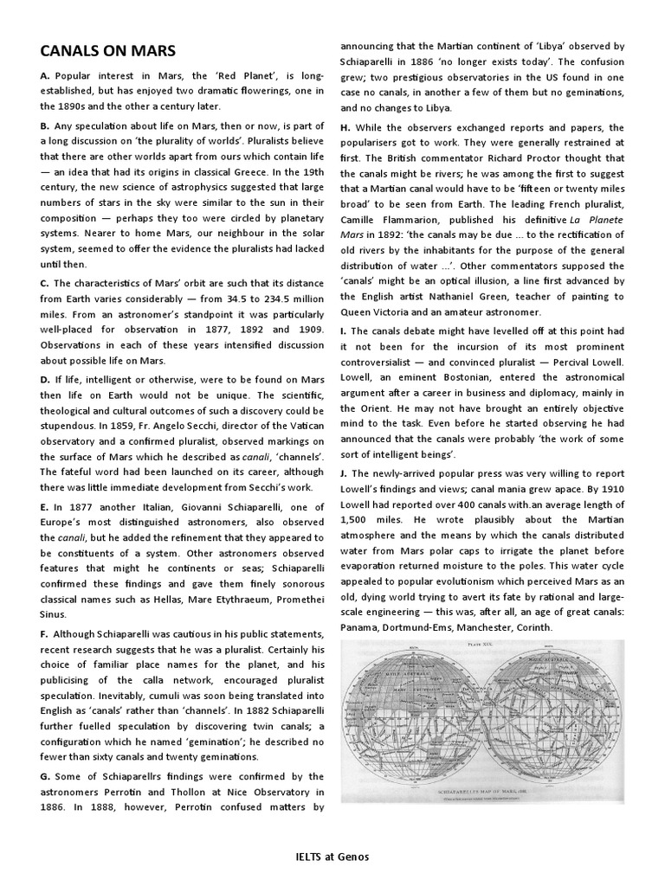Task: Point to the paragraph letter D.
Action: pyautogui.click(x=44, y=379)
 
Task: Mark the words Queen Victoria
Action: pyautogui.click(x=378, y=311)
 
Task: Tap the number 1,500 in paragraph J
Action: pyautogui.click(x=355, y=520)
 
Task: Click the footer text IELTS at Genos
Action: pyautogui.click(x=332, y=857)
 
